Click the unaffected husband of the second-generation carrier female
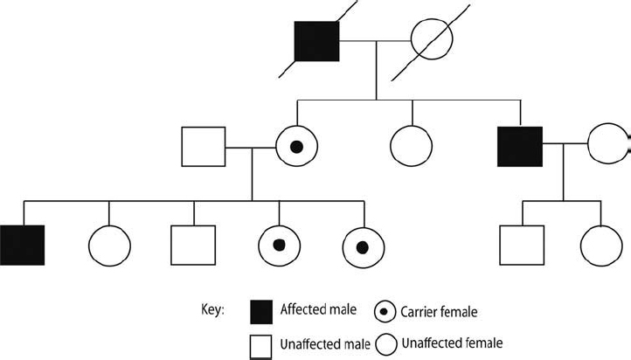coord(203,147)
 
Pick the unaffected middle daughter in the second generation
coord(412,147)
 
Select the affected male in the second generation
coord(520,147)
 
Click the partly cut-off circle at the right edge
coord(608,147)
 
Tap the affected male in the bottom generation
coord(23,246)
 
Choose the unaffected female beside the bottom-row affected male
coord(109,246)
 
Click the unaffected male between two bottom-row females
coord(193,246)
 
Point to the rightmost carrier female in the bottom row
coord(364,246)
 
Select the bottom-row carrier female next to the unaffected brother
coord(279,246)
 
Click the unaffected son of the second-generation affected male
coord(522,246)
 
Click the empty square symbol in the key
coord(263,344)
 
